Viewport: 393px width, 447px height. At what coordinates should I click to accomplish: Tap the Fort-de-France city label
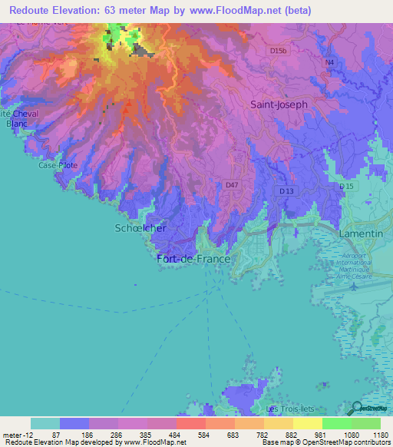(193, 260)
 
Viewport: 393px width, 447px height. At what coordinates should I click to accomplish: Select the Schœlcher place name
(140, 228)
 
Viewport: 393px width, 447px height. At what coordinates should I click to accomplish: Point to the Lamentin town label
(359, 231)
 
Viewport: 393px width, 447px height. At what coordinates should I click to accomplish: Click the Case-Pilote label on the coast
(58, 165)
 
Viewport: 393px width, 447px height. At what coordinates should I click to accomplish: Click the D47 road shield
(232, 185)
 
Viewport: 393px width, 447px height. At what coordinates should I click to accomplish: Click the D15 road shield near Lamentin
(346, 187)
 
